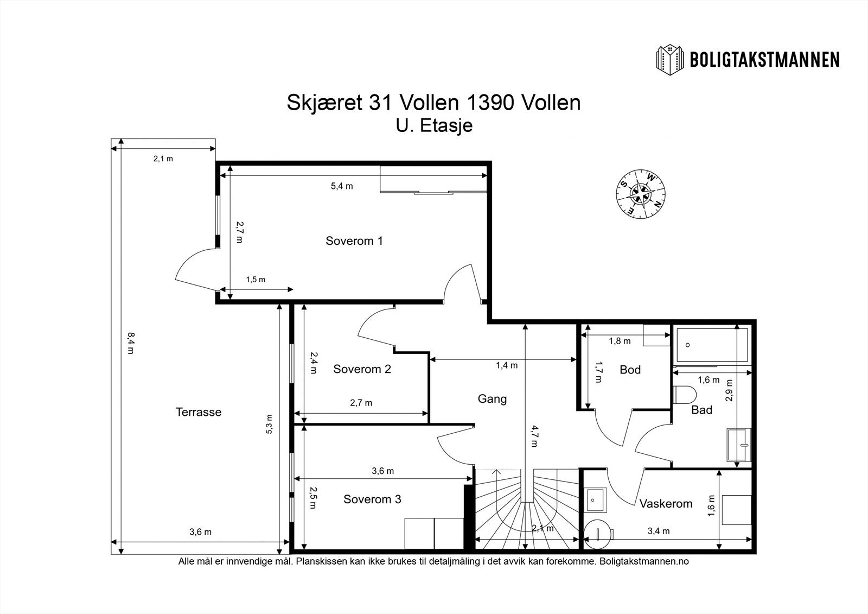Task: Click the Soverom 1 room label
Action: coord(354,241)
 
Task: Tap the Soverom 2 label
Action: coord(362,369)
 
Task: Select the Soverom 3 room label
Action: coord(372,499)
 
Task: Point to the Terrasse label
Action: coord(199,412)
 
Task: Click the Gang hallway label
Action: coord(492,399)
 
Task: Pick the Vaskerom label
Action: coord(666,503)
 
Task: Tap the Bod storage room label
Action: coord(630,370)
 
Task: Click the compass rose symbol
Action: coord(641,194)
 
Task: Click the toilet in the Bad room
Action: coord(684,395)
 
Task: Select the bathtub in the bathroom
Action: coord(711,345)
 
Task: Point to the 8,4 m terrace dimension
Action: coord(131,343)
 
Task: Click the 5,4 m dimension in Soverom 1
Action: coord(342,186)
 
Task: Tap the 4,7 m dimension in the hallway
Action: coord(534,436)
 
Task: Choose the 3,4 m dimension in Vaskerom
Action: coord(659,531)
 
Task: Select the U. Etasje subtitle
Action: coord(434,125)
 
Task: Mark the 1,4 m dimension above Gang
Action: coord(507,365)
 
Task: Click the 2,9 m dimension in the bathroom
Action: coord(729,390)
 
